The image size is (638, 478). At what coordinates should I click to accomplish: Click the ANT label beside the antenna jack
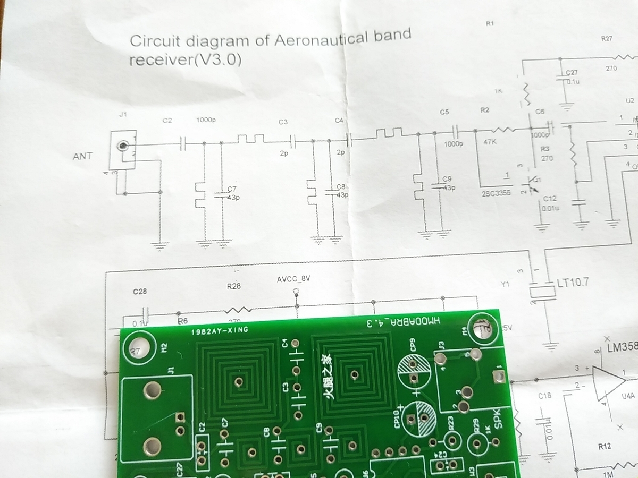pos(82,156)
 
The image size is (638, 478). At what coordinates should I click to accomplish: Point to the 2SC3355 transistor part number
pos(496,193)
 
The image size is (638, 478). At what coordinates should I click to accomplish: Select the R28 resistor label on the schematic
pos(234,286)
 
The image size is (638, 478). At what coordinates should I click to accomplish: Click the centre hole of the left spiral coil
pos(238,381)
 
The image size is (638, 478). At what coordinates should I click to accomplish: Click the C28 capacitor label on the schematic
pos(139,292)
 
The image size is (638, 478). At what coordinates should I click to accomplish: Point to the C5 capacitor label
pos(444,112)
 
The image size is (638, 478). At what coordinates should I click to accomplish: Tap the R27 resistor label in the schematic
pos(607,38)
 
